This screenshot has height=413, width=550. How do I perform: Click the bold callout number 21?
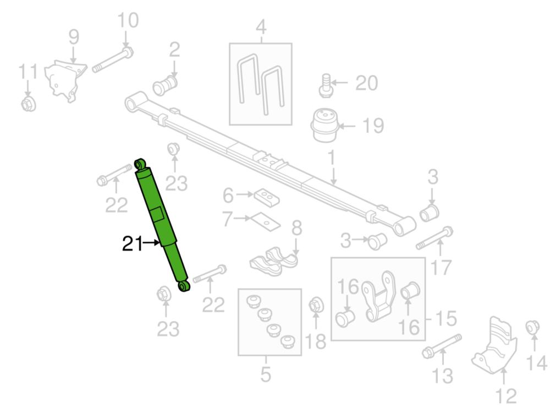(x=132, y=243)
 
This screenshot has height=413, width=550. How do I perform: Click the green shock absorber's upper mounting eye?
(x=141, y=164)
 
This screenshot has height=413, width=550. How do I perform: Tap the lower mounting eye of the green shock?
(x=184, y=286)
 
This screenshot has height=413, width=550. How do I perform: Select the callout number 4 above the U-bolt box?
(x=261, y=27)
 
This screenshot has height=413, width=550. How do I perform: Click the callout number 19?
(x=373, y=126)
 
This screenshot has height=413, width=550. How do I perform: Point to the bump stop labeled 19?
(x=325, y=125)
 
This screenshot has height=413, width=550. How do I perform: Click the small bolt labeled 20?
(x=326, y=85)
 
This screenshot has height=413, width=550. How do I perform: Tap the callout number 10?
(x=128, y=20)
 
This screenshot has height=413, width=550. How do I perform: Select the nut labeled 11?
(x=28, y=104)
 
